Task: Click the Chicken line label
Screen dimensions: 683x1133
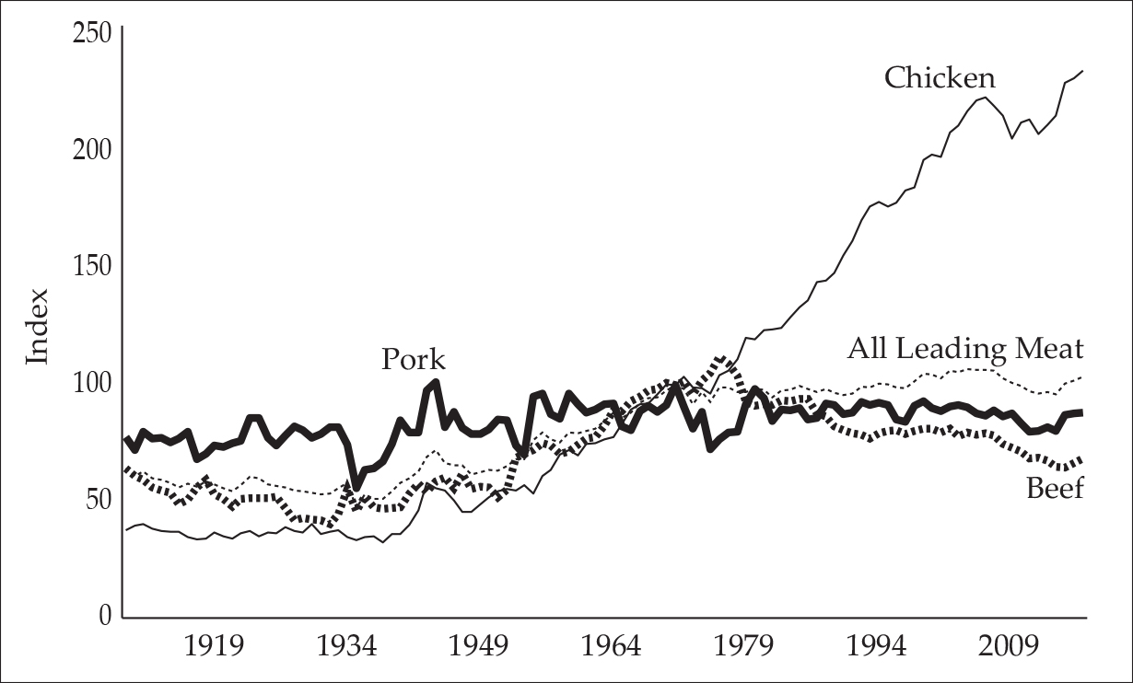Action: click(x=940, y=77)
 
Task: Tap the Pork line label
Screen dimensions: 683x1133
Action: click(x=414, y=359)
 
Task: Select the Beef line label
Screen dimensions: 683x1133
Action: click(x=1055, y=488)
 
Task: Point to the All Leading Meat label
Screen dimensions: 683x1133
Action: click(x=965, y=349)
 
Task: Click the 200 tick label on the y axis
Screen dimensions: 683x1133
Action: click(x=91, y=150)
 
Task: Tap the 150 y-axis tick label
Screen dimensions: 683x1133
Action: click(x=91, y=267)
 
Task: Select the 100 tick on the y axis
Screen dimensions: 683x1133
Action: click(x=91, y=383)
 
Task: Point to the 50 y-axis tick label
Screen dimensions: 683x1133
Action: click(x=98, y=500)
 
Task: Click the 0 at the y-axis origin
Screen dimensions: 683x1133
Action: click(x=105, y=616)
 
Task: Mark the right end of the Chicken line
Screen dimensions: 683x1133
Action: click(x=1082, y=71)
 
